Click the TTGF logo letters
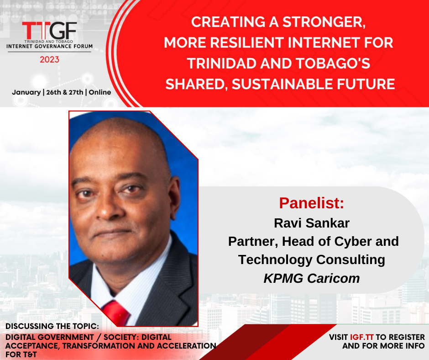click(50, 31)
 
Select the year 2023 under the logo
click(50, 59)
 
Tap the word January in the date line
click(26, 92)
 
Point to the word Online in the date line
click(100, 92)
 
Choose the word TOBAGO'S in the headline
click(333, 63)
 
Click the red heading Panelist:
click(311, 203)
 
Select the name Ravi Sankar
click(312, 223)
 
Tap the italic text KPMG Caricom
click(312, 278)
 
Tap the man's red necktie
click(116, 312)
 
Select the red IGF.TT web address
click(362, 337)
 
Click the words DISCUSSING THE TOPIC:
click(52, 326)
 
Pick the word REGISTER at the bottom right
click(408, 337)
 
